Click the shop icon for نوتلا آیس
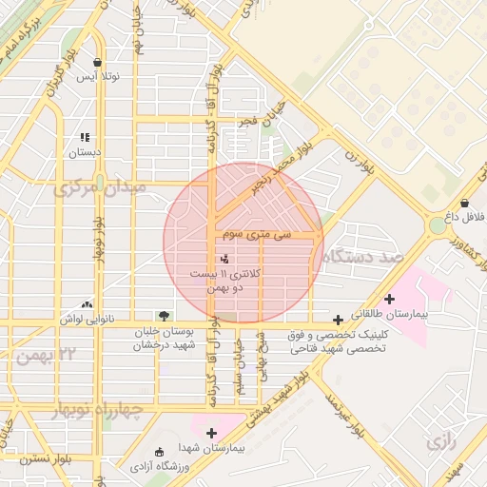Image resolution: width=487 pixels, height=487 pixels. click(x=98, y=62)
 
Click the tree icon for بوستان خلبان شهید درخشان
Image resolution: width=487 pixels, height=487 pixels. click(x=165, y=315)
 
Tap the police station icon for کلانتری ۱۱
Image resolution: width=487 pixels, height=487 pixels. click(x=224, y=258)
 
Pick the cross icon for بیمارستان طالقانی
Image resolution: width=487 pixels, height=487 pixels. click(x=389, y=299)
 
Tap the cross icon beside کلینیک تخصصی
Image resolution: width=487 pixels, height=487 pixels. click(x=339, y=321)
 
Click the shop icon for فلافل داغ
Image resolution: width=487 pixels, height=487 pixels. click(x=464, y=203)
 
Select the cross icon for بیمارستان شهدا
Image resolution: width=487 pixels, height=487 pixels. click(x=212, y=433)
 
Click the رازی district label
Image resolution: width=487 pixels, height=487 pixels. click(x=442, y=442)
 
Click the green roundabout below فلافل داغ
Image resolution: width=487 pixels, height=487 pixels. click(x=438, y=226)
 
